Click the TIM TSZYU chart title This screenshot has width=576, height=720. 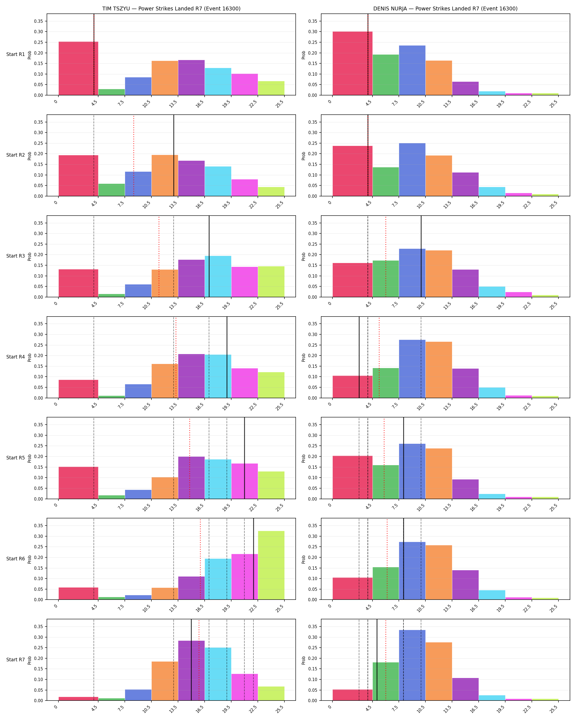(x=171, y=9)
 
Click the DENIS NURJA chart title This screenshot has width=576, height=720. (x=445, y=9)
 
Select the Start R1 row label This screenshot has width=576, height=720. (x=16, y=54)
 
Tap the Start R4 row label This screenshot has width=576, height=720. (x=16, y=357)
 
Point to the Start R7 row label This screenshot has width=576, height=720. (x=16, y=660)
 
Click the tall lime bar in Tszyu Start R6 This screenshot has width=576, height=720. (x=271, y=565)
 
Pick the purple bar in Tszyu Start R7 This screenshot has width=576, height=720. (x=191, y=671)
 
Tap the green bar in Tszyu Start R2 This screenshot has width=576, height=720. (x=112, y=190)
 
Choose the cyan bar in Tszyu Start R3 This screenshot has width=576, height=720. (x=218, y=276)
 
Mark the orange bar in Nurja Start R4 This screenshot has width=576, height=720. (x=439, y=370)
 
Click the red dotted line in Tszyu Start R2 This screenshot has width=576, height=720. (x=134, y=155)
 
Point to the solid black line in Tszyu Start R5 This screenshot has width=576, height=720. (x=244, y=458)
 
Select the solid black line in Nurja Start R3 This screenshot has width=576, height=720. (x=421, y=256)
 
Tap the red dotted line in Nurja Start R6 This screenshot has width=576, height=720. (x=387, y=559)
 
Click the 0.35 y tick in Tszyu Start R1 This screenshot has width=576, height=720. (x=38, y=21)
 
